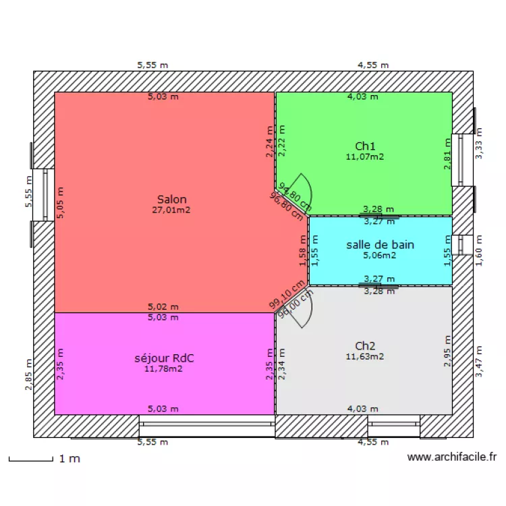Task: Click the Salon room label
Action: click(x=171, y=200)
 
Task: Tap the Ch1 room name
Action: click(x=365, y=146)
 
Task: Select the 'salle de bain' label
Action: click(x=380, y=245)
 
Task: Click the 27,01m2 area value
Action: click(x=171, y=210)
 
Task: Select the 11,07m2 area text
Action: click(x=365, y=157)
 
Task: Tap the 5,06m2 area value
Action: click(x=380, y=255)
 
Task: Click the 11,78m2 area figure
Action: click(x=163, y=368)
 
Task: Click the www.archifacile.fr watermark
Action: click(x=452, y=457)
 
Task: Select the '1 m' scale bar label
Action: click(x=69, y=459)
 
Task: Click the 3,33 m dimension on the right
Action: click(x=479, y=144)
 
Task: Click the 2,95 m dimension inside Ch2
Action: click(x=447, y=352)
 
